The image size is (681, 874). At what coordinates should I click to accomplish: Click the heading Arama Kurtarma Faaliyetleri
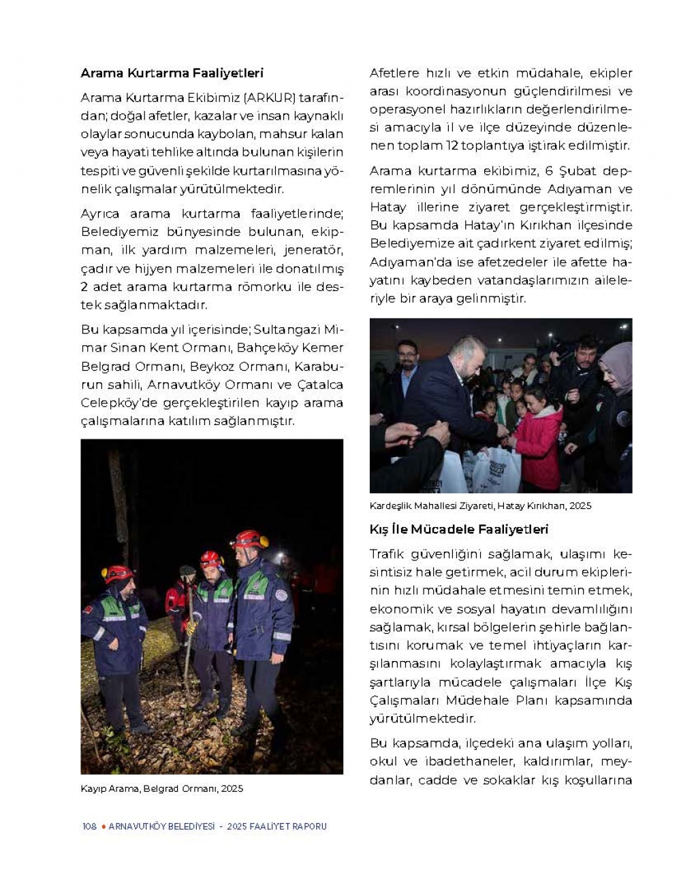[x=172, y=73]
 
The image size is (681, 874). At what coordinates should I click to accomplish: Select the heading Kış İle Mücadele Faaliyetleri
[x=458, y=529]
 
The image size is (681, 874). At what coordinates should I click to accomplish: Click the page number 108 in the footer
[x=89, y=826]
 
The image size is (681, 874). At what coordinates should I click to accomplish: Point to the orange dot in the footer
[x=103, y=826]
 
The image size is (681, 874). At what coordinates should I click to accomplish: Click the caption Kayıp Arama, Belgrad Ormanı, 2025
[x=161, y=788]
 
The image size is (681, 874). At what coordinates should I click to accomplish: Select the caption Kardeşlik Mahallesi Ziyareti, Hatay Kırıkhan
[x=480, y=505]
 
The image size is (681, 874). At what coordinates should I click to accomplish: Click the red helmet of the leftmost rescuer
[x=118, y=573]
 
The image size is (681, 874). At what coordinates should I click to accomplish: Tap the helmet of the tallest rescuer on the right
[x=249, y=539]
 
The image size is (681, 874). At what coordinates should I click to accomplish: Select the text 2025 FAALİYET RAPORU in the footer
[x=276, y=826]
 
